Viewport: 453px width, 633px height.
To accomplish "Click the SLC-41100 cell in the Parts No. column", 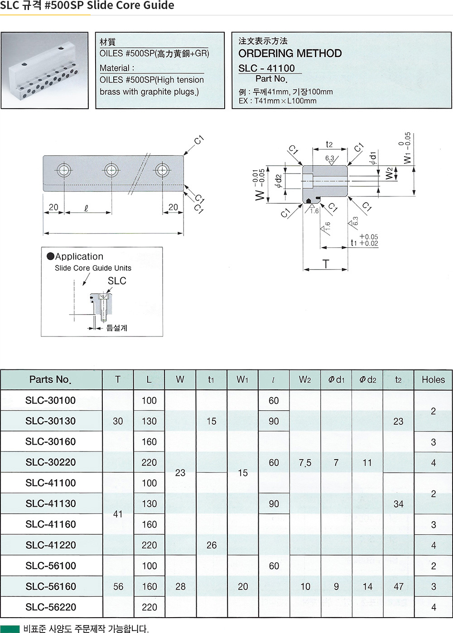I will (x=51, y=483).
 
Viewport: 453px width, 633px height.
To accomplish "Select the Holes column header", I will (x=433, y=380).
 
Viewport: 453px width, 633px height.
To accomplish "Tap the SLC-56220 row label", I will (x=51, y=607).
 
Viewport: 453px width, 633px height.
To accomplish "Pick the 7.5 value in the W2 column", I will (x=305, y=463).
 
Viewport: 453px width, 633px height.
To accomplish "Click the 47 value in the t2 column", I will (x=398, y=587).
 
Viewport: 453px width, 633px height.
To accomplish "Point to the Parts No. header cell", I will (x=50, y=380).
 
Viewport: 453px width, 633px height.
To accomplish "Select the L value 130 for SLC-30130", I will (x=149, y=422).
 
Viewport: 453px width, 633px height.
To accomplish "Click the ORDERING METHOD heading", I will (x=290, y=53).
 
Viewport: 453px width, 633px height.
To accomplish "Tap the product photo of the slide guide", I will (x=44, y=70).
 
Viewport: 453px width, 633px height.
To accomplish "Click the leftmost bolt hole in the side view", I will (x=64, y=170).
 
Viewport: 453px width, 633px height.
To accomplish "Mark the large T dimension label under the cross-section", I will (x=325, y=264).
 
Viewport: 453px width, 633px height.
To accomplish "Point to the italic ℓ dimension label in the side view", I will (x=86, y=208).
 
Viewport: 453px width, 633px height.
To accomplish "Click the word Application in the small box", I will (x=79, y=257).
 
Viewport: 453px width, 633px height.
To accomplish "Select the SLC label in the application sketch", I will (x=117, y=281).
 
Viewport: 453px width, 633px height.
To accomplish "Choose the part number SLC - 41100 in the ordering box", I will (x=267, y=68).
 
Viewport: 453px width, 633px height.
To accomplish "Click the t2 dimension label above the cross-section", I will (x=329, y=144).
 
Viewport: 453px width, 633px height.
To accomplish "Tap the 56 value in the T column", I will (x=118, y=587).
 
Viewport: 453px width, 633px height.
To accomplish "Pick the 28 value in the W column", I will (x=180, y=587).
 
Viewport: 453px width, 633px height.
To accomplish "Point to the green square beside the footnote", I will (x=10, y=628).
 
